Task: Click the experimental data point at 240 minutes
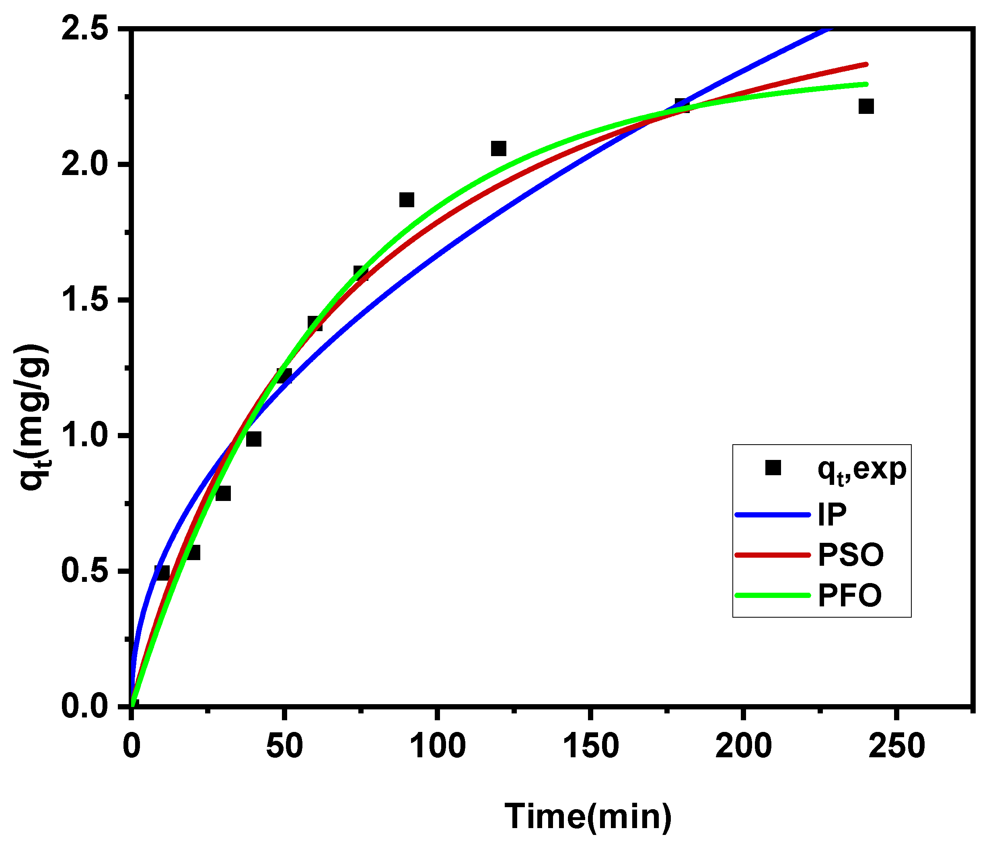point(866,106)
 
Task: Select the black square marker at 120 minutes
point(498,148)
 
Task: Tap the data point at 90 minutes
point(407,200)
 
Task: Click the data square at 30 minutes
point(223,493)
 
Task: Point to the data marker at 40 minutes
point(254,439)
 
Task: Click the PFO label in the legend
point(849,596)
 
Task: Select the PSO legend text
point(850,555)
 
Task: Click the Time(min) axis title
point(588,816)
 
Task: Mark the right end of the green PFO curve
point(867,84)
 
